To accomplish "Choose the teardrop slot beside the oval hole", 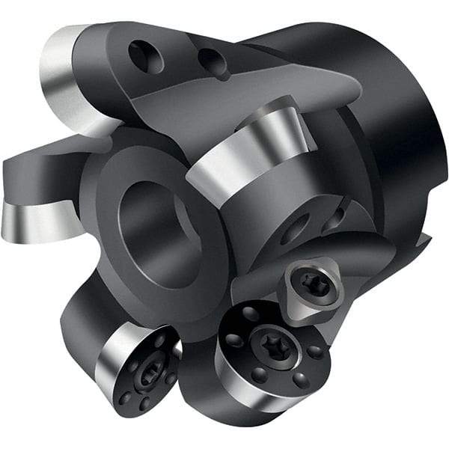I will (x=333, y=217).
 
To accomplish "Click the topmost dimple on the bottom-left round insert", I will (x=162, y=340).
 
